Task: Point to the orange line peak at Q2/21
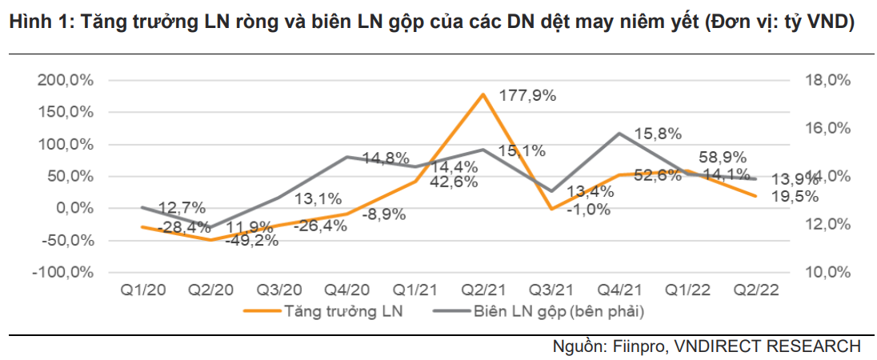pos(483,94)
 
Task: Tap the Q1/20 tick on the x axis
pos(142,289)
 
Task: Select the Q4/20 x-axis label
pos(346,289)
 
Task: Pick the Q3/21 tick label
pos(551,289)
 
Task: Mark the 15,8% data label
pos(659,134)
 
